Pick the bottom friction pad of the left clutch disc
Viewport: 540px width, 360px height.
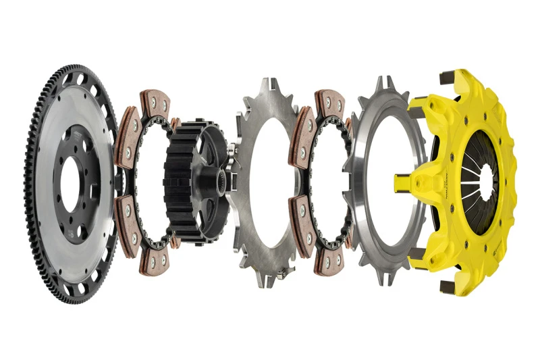coord(153,260)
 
